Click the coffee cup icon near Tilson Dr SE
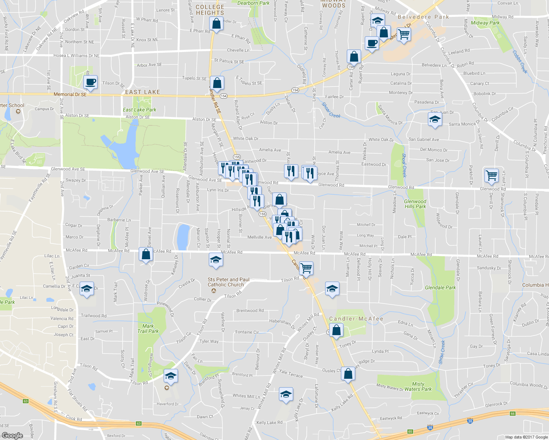pos(90,82)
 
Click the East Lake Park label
pos(139,110)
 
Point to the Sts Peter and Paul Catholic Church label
pos(228,282)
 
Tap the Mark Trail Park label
pos(148,329)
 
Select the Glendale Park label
pos(440,287)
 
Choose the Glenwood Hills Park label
pos(415,204)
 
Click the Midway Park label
pos(485,23)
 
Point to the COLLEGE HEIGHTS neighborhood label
pos(210,10)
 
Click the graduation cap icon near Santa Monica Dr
pos(435,120)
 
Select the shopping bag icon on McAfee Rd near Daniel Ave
pos(146,254)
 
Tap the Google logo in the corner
pos(12,435)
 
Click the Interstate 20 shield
pos(470,421)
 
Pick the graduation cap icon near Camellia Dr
pos(87,289)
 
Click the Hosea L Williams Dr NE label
pos(76,56)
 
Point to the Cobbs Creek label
pos(520,62)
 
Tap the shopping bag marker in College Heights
pos(217,24)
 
